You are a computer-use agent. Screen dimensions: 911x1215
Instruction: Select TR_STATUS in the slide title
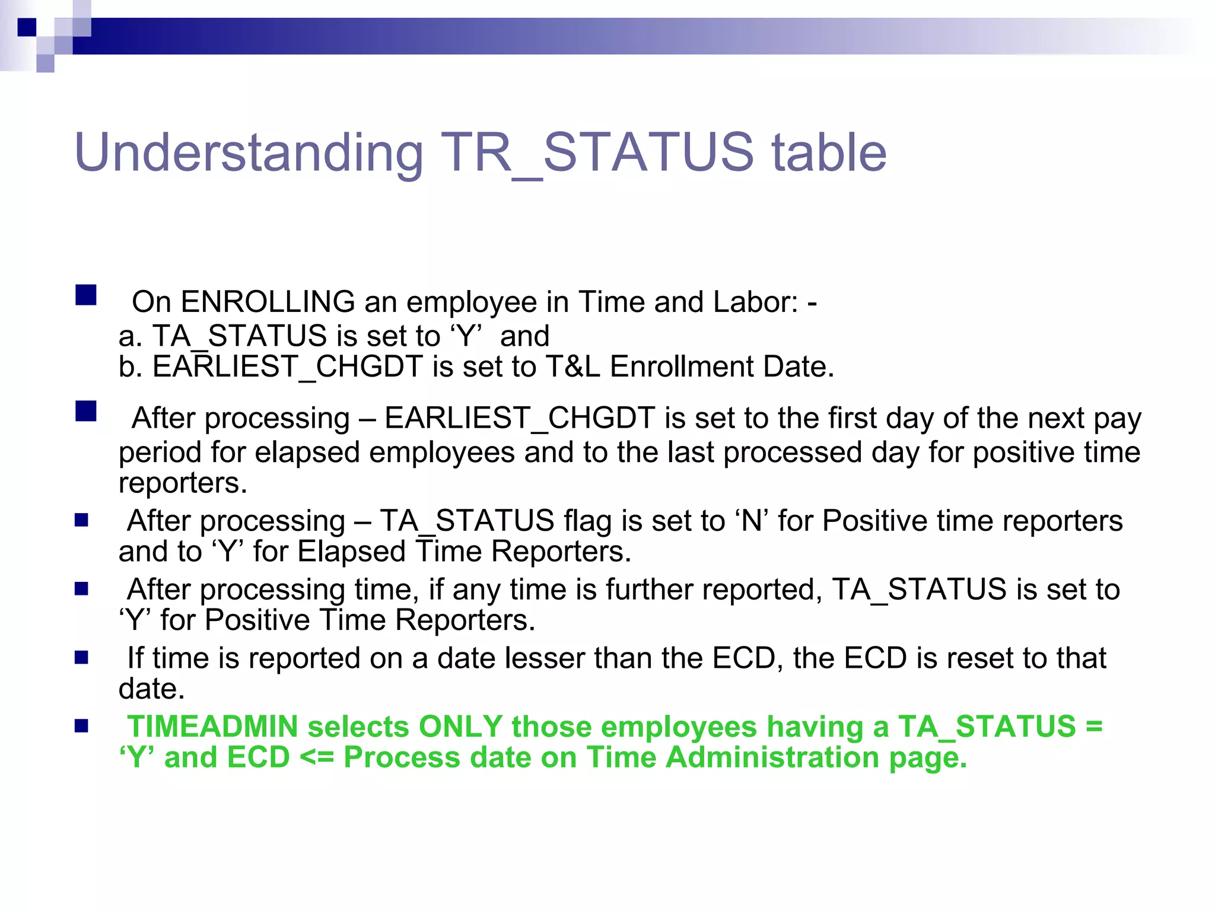pyautogui.click(x=597, y=153)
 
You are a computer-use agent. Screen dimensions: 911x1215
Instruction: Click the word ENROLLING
pyautogui.click(x=268, y=302)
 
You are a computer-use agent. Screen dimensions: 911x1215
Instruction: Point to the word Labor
pyautogui.click(x=756, y=302)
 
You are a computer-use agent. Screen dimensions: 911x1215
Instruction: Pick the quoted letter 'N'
pyautogui.click(x=752, y=521)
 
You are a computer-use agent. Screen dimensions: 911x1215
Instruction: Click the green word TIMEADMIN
pyautogui.click(x=213, y=727)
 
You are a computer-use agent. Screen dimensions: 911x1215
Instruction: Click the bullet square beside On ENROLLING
pyautogui.click(x=86, y=295)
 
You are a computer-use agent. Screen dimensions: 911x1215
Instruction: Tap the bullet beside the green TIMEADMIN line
pyautogui.click(x=81, y=726)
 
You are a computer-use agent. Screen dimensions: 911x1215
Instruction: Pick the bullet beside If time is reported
pyautogui.click(x=81, y=657)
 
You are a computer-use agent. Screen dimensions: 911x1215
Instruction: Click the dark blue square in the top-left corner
pyautogui.click(x=27, y=27)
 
